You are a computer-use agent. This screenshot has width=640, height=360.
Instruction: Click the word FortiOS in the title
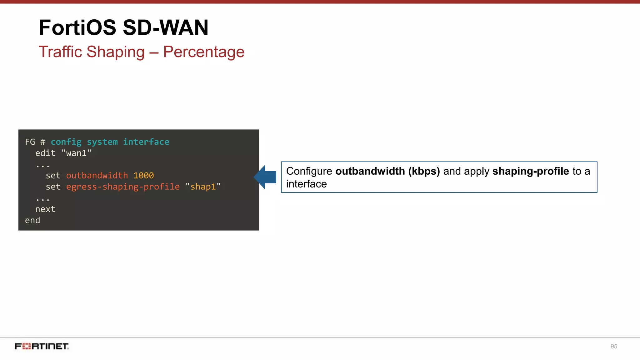click(77, 27)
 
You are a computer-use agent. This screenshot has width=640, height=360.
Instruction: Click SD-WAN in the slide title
click(165, 27)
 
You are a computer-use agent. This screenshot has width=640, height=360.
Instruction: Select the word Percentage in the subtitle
click(203, 52)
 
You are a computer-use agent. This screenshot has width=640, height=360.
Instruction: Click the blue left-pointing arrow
click(265, 177)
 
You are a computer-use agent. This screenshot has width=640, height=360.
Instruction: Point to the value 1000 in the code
click(143, 176)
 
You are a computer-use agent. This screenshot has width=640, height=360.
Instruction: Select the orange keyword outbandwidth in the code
click(97, 176)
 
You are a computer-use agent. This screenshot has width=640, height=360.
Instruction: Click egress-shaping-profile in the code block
click(123, 187)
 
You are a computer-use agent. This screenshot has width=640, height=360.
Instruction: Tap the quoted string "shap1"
click(203, 187)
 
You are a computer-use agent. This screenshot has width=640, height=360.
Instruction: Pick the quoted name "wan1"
click(76, 153)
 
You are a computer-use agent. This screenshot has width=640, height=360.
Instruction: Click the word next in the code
click(45, 209)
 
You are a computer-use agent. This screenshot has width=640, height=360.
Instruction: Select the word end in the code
click(32, 220)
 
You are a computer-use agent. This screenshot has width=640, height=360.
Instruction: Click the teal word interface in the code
click(146, 142)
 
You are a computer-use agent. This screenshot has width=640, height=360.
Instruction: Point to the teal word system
click(102, 142)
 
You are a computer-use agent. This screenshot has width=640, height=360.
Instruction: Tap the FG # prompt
click(35, 142)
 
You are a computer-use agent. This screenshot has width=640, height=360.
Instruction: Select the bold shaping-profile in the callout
click(531, 171)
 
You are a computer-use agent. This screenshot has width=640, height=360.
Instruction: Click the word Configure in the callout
click(309, 171)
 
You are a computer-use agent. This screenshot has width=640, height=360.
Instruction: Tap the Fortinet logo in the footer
click(42, 346)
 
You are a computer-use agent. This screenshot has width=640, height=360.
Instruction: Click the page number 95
click(614, 346)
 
